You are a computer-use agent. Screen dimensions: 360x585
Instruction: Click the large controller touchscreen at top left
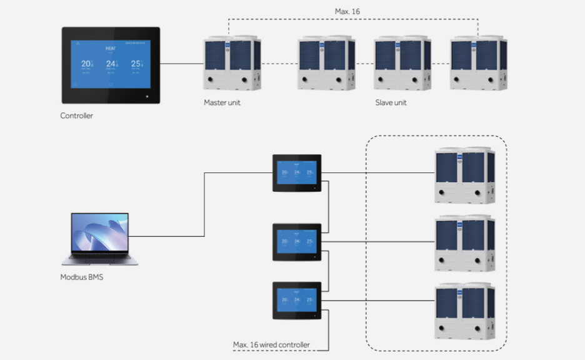(x=110, y=65)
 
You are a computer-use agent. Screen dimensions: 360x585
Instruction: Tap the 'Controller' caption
(x=76, y=116)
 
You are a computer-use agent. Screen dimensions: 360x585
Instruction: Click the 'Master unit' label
(x=222, y=102)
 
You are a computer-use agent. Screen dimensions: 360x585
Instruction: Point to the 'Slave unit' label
(x=391, y=102)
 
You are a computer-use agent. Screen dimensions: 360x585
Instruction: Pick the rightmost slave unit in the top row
(x=478, y=63)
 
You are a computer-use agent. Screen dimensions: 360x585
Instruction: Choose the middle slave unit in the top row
(x=402, y=63)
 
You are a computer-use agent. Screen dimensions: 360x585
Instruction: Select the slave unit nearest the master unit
(x=326, y=63)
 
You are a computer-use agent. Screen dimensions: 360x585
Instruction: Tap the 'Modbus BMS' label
(x=82, y=277)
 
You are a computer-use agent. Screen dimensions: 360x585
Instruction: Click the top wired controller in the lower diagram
(x=297, y=173)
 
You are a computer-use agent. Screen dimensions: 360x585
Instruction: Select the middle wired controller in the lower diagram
(x=297, y=242)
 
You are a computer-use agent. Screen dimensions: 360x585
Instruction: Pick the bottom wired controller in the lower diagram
(x=297, y=301)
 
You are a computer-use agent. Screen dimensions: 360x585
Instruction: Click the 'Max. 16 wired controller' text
(x=271, y=345)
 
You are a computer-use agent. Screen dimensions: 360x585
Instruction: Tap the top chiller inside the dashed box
(x=464, y=175)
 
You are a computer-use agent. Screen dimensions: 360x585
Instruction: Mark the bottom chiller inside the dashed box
(x=464, y=311)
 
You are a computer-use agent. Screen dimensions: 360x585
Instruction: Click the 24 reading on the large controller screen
(x=110, y=64)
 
